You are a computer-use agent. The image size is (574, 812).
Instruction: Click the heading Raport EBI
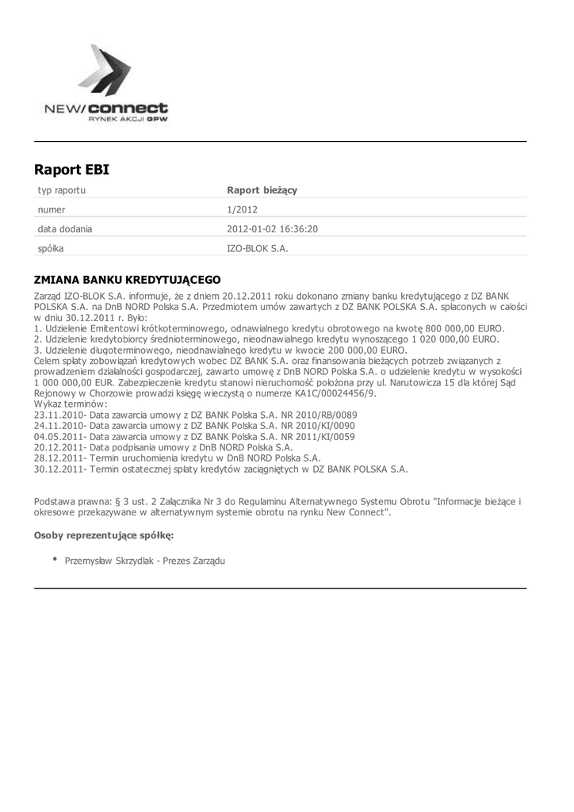pyautogui.click(x=71, y=170)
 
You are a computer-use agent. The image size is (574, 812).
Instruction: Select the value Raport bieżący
pyautogui.click(x=262, y=190)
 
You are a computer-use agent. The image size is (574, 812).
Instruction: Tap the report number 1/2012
pyautogui.click(x=242, y=210)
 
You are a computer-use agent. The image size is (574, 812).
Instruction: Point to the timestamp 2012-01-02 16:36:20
pyautogui.click(x=273, y=229)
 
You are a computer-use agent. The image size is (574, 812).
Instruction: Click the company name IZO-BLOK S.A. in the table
pyautogui.click(x=258, y=248)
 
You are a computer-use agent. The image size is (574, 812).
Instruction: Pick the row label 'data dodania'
pyautogui.click(x=65, y=229)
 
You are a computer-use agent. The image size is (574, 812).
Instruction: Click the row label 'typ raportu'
pyautogui.click(x=62, y=190)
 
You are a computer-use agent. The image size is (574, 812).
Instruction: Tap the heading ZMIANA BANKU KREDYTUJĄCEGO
pyautogui.click(x=127, y=280)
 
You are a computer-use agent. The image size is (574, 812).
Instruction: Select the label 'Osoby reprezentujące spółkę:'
pyautogui.click(x=104, y=535)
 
